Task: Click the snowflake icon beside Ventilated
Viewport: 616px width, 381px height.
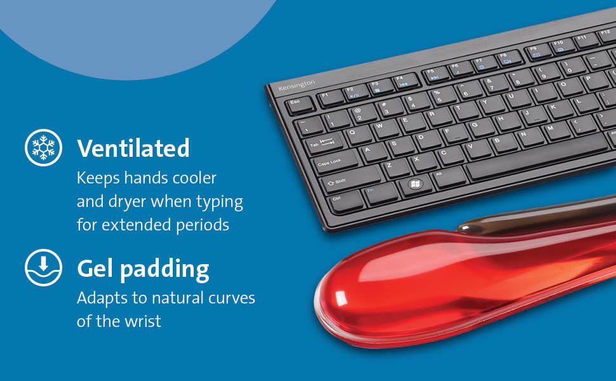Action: click(43, 147)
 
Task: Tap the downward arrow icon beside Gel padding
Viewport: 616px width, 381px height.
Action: click(43, 267)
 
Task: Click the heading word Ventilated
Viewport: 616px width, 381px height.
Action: click(133, 148)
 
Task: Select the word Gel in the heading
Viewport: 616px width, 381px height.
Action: click(96, 269)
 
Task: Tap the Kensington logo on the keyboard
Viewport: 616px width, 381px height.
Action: click(296, 86)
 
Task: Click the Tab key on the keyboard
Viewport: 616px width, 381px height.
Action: click(321, 144)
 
